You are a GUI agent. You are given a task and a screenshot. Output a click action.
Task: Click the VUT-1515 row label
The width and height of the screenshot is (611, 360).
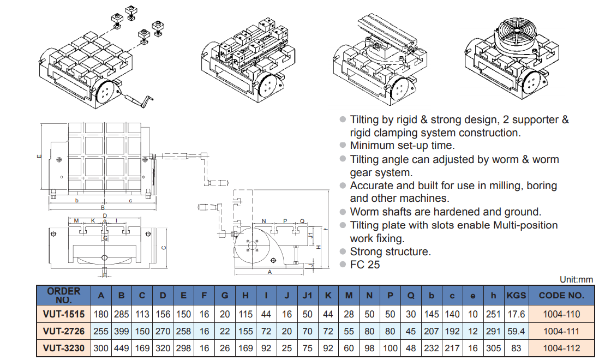[64, 314]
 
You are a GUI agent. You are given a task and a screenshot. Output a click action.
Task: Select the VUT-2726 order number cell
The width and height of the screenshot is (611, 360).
[64, 331]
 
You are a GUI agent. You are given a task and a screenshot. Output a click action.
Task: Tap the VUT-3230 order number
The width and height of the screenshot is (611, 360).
[64, 348]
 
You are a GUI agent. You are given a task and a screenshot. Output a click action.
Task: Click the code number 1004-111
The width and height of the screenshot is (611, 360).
[561, 331]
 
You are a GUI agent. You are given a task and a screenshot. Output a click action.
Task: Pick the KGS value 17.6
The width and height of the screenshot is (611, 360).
[516, 314]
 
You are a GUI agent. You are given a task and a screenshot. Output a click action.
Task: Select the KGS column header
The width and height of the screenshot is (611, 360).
[516, 296]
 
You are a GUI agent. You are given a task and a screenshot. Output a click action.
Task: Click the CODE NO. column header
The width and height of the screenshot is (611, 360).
[561, 296]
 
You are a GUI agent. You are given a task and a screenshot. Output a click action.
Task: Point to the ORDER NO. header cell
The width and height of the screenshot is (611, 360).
[64, 296]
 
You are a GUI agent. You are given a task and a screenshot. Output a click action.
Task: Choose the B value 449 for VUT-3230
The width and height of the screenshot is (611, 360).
[122, 348]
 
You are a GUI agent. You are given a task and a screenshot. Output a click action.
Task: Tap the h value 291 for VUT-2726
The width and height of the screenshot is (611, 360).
[493, 331]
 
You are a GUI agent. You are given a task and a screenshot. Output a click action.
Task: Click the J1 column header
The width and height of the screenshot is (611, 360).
[308, 296]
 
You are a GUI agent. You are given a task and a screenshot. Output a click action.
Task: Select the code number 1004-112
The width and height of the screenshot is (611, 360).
[561, 348]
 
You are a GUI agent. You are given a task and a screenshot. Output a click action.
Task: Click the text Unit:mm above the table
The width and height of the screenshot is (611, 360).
[576, 279]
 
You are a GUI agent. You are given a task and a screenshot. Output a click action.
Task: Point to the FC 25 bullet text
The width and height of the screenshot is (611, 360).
[365, 265]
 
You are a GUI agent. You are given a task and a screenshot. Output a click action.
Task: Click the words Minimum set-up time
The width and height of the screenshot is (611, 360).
[402, 146]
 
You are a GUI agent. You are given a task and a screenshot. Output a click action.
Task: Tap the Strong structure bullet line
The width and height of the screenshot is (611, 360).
[390, 251]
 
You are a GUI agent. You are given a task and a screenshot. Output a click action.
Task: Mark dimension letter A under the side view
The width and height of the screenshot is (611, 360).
[270, 271]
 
